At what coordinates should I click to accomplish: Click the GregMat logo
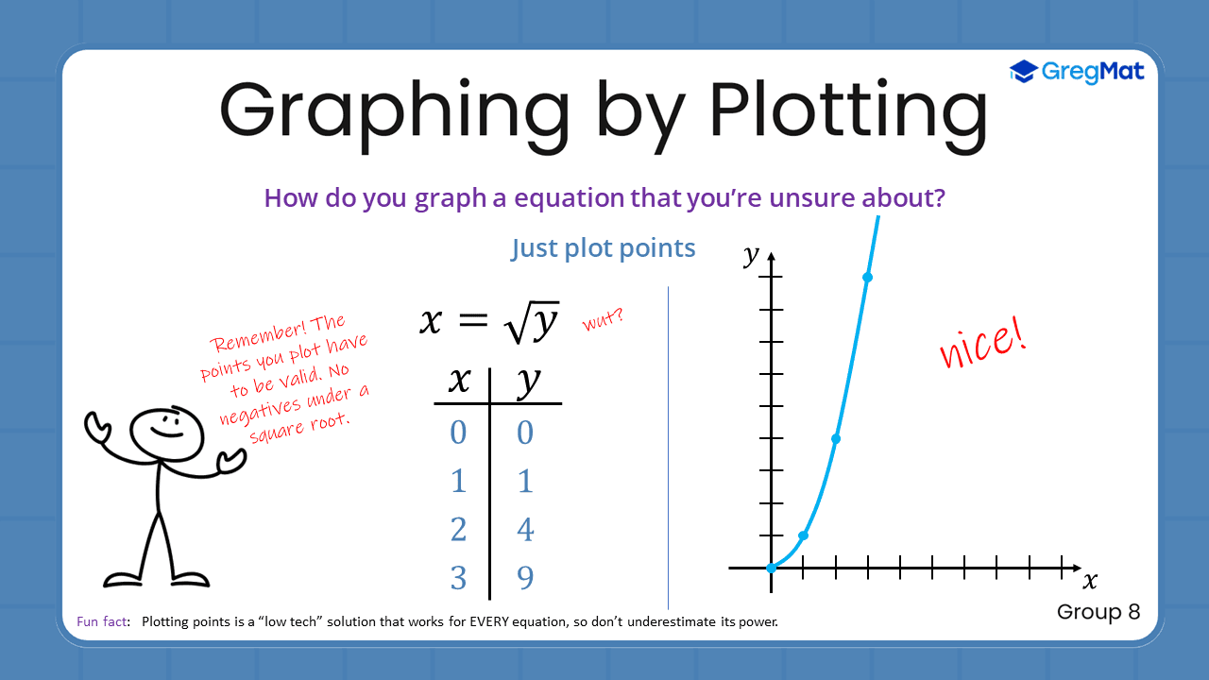tap(1077, 72)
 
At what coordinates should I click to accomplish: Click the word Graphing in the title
tap(394, 111)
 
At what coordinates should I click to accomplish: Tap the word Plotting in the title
tap(848, 111)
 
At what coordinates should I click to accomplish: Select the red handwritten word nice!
tap(982, 344)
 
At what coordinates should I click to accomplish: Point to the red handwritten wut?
tap(603, 321)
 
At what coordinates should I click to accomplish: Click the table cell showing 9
tap(525, 577)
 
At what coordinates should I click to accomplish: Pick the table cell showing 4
tap(525, 530)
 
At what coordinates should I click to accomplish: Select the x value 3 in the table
tap(458, 577)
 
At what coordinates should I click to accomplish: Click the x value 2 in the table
tap(458, 530)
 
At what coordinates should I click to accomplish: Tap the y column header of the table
tap(528, 382)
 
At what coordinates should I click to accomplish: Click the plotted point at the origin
tap(772, 568)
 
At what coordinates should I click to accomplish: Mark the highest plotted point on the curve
tap(867, 277)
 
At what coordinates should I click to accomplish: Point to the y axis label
tap(752, 254)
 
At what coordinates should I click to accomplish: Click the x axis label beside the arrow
tap(1090, 580)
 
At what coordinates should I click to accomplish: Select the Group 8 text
tap(1098, 612)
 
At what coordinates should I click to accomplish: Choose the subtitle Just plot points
tap(604, 248)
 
